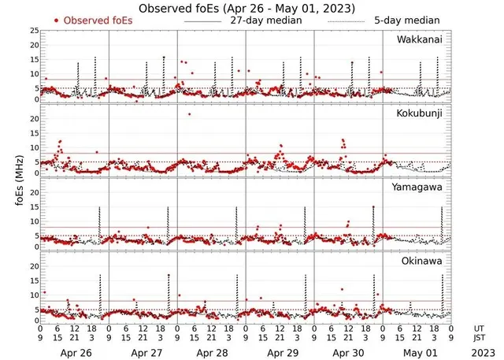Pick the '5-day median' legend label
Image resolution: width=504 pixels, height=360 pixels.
407,20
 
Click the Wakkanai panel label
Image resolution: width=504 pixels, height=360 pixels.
418,39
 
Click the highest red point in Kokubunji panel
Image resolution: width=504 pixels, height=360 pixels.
189,114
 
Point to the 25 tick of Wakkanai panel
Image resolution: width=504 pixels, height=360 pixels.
33,31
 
